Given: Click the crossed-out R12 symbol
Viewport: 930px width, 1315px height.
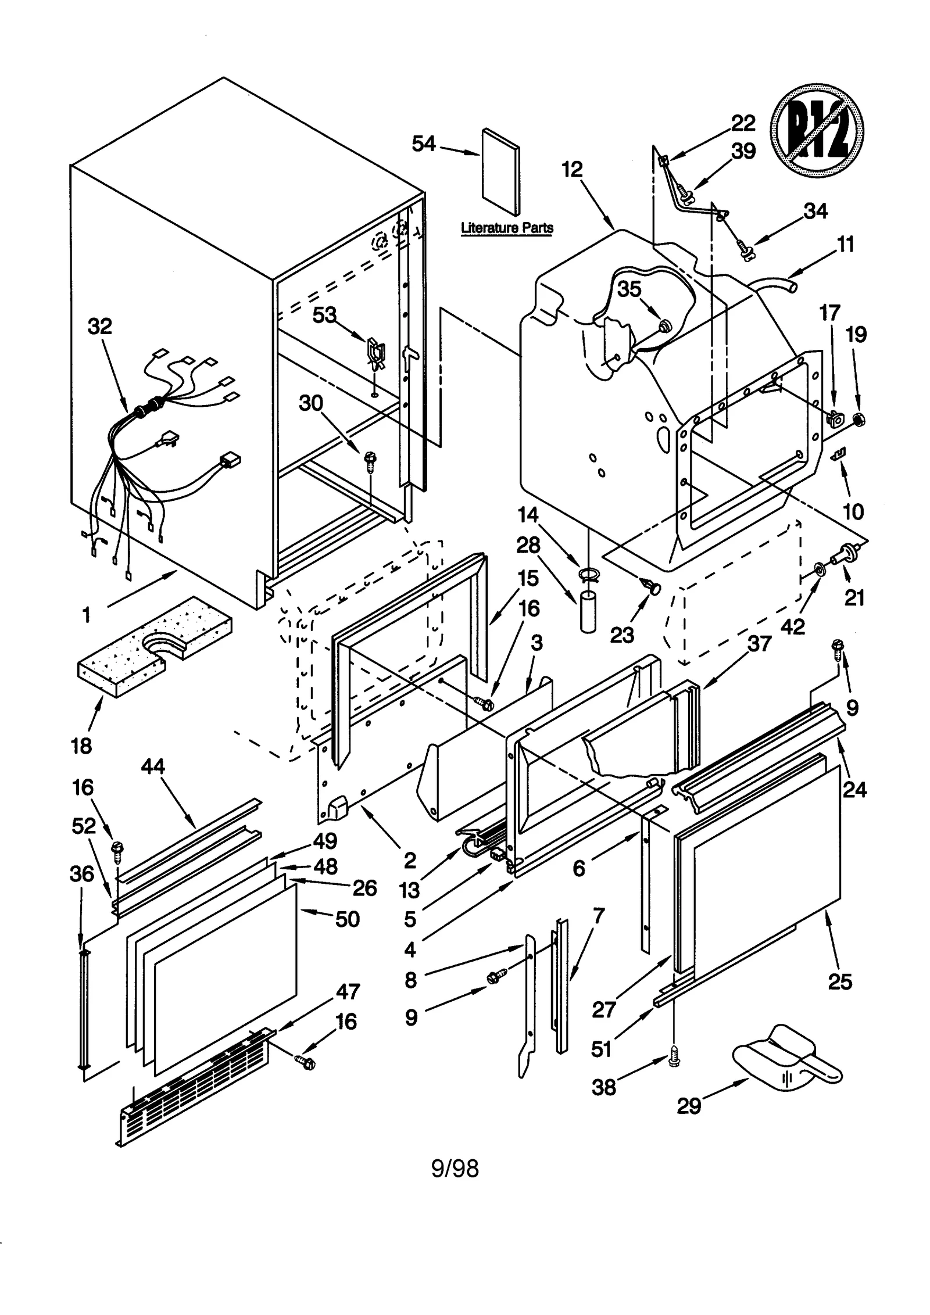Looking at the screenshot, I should click(817, 131).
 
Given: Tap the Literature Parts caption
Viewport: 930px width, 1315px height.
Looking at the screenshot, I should click(507, 228).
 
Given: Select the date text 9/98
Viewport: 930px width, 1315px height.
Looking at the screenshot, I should click(455, 1168).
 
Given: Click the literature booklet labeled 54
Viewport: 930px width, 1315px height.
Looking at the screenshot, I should click(500, 171).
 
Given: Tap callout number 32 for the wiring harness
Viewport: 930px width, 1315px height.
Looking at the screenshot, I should click(99, 327).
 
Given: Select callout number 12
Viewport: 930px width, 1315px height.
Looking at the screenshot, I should click(572, 170).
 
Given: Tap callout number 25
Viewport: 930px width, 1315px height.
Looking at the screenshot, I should click(839, 981).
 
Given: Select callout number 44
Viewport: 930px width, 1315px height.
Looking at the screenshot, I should click(153, 766).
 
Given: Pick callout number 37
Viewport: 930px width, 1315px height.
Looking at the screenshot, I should click(759, 644).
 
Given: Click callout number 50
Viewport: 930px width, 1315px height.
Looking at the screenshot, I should click(347, 919).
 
